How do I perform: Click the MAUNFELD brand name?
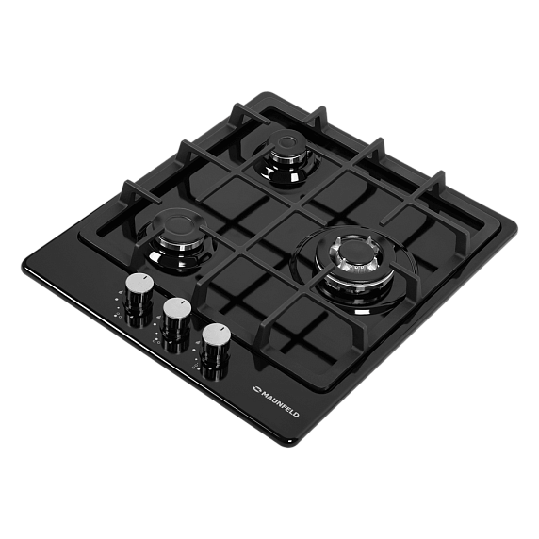point(280,402)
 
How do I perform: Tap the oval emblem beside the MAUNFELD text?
point(257,389)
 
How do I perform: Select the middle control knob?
point(177,317)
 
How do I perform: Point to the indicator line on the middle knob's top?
point(185,302)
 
